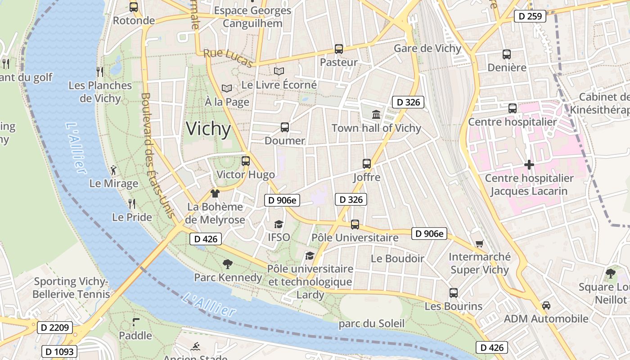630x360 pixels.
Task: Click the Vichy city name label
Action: click(208, 129)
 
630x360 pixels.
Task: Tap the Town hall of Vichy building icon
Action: click(376, 115)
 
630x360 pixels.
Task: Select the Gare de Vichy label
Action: click(427, 49)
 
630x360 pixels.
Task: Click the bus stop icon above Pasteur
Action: click(339, 49)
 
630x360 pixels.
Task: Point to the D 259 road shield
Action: click(530, 17)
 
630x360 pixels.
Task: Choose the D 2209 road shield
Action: click(54, 328)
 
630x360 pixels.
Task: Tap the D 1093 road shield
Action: click(59, 351)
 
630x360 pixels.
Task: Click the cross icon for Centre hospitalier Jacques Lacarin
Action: click(529, 165)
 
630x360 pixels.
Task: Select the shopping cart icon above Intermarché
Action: click(479, 244)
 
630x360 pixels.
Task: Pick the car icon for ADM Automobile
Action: click(546, 306)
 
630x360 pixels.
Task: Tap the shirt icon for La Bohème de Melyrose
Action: click(215, 193)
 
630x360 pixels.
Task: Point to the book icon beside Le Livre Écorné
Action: click(279, 71)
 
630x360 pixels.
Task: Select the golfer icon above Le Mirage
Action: click(113, 170)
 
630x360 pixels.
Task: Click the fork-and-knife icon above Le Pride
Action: click(132, 204)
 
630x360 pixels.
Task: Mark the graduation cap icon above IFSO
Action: click(279, 224)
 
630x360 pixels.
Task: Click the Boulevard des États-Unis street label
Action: click(157, 156)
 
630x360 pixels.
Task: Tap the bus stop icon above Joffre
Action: click(367, 164)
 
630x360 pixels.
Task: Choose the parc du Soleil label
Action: click(372, 324)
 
